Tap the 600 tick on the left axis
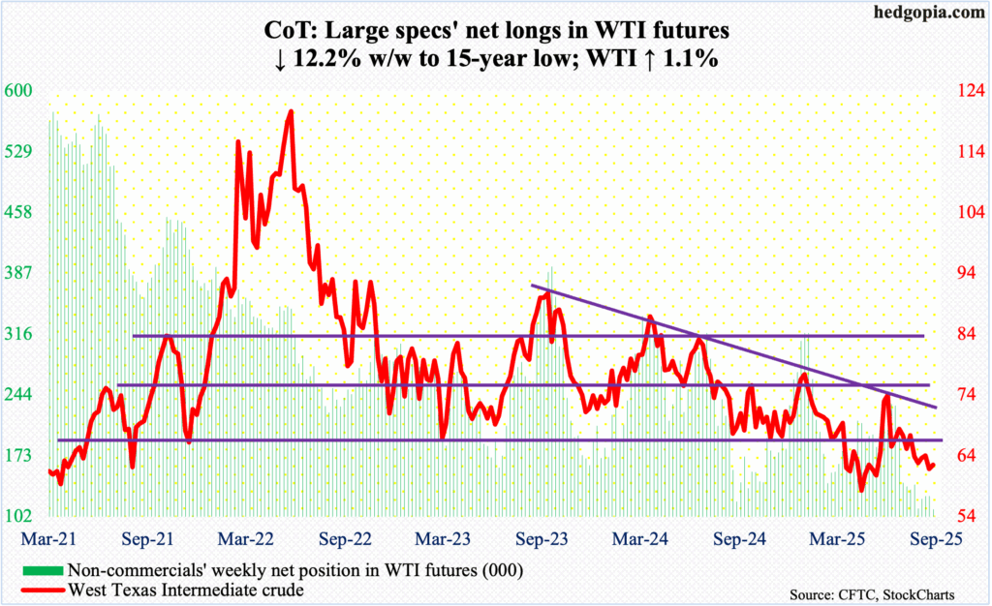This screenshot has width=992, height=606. pos(19,90)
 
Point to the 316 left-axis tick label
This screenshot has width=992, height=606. pos(19,334)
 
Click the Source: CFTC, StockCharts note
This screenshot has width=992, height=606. pos(887,590)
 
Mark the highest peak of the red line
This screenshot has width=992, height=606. pos(291,111)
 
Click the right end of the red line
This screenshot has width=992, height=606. pos(935,464)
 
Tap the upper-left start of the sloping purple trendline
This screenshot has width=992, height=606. pos(531,286)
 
